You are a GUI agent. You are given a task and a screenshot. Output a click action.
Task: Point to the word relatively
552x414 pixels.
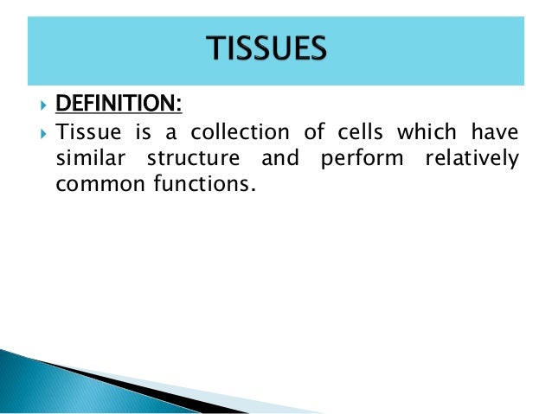[471, 159]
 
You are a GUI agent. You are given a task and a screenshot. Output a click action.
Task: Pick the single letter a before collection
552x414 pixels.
[163, 133]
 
